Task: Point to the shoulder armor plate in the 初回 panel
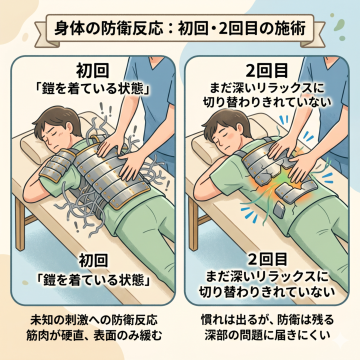(x=58, y=165)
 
